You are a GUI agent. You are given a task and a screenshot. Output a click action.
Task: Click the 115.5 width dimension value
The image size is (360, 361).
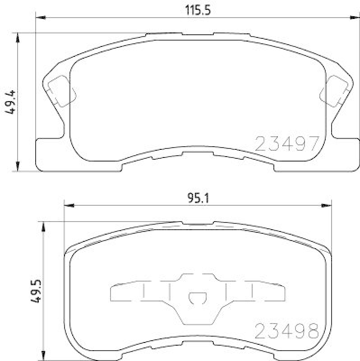[x=198, y=10]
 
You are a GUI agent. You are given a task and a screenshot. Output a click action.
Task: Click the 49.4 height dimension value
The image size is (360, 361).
[x=10, y=102]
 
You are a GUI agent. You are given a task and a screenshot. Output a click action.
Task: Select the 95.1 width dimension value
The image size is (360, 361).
[x=198, y=198]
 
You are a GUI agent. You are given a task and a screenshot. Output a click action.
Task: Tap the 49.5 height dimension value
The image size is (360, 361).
[x=36, y=291]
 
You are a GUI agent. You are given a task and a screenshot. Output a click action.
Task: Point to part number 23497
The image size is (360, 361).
[x=287, y=143]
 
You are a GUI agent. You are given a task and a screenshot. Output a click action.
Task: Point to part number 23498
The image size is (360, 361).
[x=287, y=331]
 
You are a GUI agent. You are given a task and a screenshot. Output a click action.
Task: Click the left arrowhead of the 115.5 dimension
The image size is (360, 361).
[x=41, y=18]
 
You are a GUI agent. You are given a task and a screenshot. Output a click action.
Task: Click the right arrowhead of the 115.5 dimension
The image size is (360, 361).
[x=355, y=18]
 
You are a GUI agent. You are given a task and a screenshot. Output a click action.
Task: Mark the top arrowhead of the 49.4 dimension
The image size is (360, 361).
[x=18, y=38]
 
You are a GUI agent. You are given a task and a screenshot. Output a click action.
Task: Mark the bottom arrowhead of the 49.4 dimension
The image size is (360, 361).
[x=18, y=166]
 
